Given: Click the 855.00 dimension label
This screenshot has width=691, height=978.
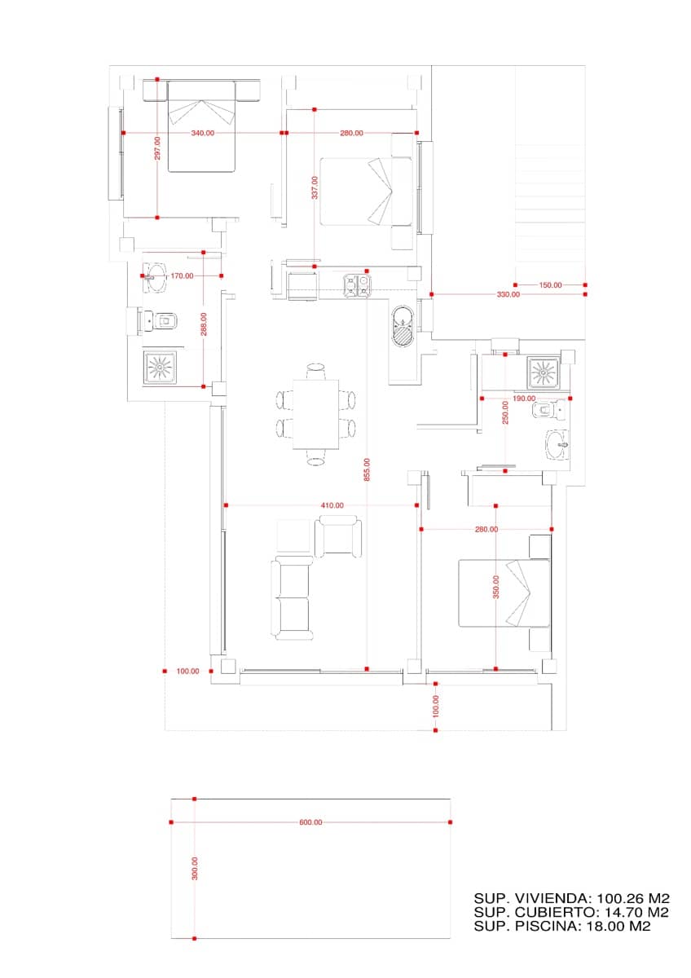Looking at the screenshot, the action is coord(368,469).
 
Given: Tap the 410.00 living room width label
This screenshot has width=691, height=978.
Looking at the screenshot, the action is coord(332,505).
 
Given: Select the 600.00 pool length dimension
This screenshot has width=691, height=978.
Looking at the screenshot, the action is coord(310,822).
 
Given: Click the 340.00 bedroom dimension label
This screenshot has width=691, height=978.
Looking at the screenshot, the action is coord(203,133).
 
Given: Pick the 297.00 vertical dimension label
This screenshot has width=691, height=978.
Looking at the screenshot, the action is coord(157,148).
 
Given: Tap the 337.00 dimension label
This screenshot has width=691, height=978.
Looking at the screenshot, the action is coord(315,187).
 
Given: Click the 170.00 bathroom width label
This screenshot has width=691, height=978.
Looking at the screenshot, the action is coord(182,276).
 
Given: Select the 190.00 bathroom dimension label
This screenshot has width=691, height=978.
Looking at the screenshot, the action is coord(524,399).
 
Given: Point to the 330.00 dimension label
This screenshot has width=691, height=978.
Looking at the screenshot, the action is coord(508,294).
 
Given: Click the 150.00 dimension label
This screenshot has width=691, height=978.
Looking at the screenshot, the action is coord(551,285).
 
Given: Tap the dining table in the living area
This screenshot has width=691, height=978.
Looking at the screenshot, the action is coord(315,414).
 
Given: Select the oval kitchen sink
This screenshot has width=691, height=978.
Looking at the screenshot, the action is coord(402,326).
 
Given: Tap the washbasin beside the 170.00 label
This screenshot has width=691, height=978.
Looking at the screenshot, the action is coord(154,277).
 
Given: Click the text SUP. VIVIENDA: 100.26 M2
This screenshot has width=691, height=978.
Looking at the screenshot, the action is coord(572,898).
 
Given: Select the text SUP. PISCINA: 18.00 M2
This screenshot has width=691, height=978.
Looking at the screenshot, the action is coord(562,926).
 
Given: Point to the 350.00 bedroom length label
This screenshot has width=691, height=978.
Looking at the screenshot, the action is coord(496,587).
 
